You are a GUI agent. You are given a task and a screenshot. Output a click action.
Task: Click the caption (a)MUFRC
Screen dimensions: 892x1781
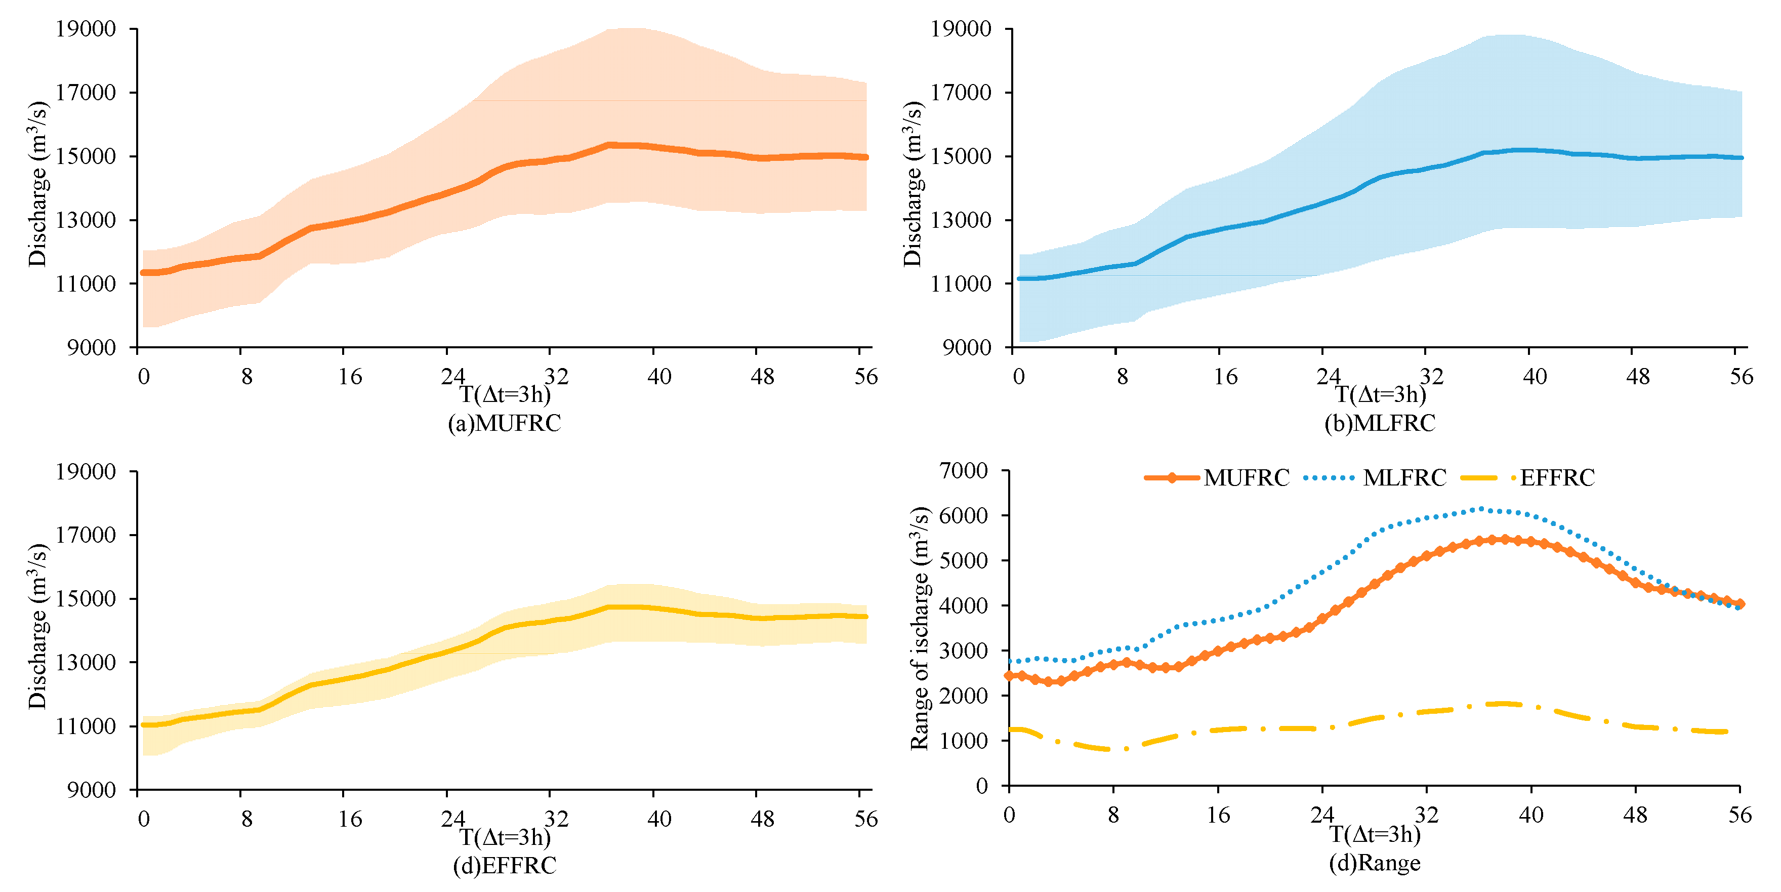pyautogui.click(x=504, y=423)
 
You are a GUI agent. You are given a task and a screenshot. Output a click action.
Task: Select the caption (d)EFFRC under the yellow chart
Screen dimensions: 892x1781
pyautogui.click(x=504, y=865)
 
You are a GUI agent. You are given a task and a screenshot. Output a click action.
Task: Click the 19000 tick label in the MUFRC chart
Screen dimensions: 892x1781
pyautogui.click(x=86, y=29)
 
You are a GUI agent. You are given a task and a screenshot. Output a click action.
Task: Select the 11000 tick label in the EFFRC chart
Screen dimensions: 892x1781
pyautogui.click(x=86, y=726)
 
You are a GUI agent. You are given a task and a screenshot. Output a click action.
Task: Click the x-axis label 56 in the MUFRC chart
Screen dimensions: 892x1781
pyautogui.click(x=865, y=377)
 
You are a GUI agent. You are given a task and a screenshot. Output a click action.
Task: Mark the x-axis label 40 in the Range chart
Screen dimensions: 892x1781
pyautogui.click(x=1530, y=815)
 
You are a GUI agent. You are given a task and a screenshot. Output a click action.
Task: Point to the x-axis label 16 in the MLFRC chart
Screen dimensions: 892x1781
pyautogui.click(x=1225, y=377)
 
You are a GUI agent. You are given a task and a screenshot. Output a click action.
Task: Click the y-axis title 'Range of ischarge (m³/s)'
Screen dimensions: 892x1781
pyautogui.click(x=920, y=628)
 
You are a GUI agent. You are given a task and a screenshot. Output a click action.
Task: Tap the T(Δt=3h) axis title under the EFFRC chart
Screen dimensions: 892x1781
pyautogui.click(x=505, y=837)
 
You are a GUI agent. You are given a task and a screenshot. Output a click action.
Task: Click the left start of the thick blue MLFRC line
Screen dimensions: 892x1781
pyautogui.click(x=1020, y=278)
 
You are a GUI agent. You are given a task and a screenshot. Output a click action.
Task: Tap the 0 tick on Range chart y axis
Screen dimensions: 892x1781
pyautogui.click(x=982, y=786)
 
